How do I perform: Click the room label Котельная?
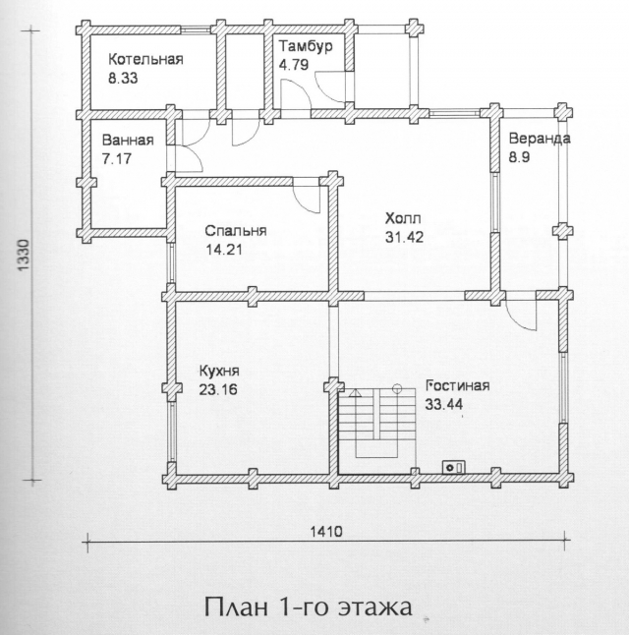pyautogui.click(x=145, y=60)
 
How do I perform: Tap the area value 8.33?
pyautogui.click(x=123, y=78)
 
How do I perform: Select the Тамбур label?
pyautogui.click(x=306, y=46)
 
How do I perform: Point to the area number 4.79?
pyautogui.click(x=294, y=65)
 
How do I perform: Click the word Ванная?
pyautogui.click(x=128, y=141)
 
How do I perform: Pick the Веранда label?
pyautogui.click(x=540, y=139)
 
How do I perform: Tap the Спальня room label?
pyautogui.click(x=236, y=231)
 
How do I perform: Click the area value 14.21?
pyautogui.click(x=224, y=250)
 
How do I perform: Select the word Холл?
pyautogui.click(x=403, y=218)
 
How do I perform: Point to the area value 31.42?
pyautogui.click(x=404, y=237)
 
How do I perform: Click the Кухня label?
pyautogui.click(x=219, y=372)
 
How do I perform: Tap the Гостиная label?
pyautogui.click(x=457, y=385)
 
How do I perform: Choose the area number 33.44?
pyautogui.click(x=444, y=404)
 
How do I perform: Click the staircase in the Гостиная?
pyautogui.click(x=377, y=424)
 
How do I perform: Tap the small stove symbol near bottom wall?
pyautogui.click(x=454, y=467)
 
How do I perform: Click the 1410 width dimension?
pyautogui.click(x=326, y=532)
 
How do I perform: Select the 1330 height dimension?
pyautogui.click(x=25, y=256)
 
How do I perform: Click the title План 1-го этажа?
pyautogui.click(x=309, y=607)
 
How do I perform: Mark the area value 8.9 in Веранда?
pyautogui.click(x=519, y=157)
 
